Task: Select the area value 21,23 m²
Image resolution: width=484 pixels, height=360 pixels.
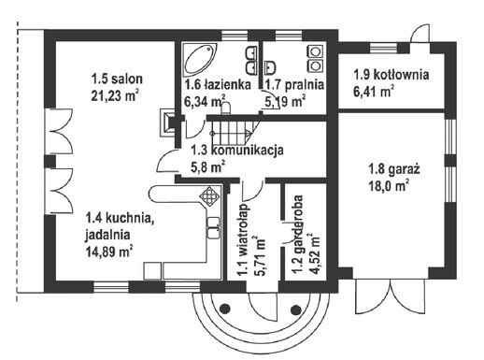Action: [114, 95]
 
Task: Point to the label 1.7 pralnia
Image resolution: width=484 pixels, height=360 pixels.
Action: [293, 84]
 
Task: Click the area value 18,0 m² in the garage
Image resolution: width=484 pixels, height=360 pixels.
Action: [389, 186]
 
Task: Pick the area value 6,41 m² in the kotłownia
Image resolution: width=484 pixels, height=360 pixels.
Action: [375, 92]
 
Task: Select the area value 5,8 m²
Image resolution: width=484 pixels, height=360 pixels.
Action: [207, 166]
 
